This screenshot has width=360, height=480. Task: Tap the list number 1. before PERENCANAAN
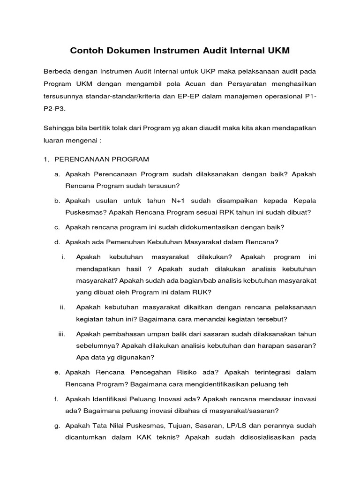[x=46, y=159]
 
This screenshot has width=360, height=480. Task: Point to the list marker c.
[x=57, y=227]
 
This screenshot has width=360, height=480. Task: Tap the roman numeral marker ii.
[x=62, y=307]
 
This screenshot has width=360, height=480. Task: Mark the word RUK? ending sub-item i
[x=202, y=292]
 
